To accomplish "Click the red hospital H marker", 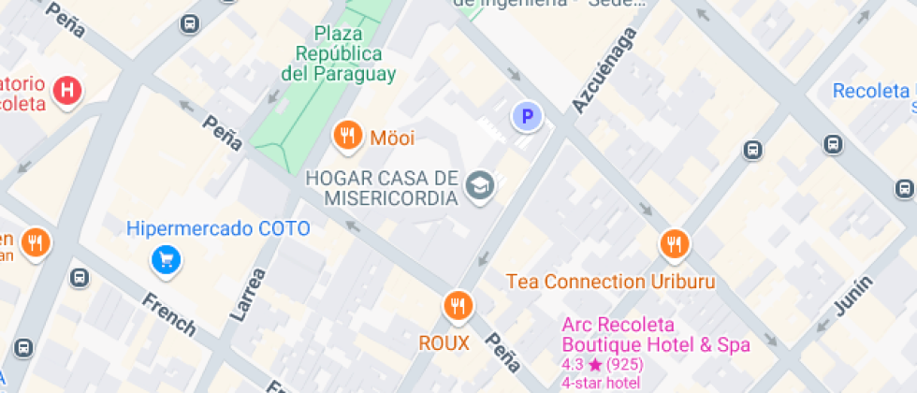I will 68,91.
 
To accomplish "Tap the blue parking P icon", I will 527,117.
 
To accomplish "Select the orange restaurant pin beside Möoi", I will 347,136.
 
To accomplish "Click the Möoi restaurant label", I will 392,138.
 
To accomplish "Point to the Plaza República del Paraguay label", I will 339,53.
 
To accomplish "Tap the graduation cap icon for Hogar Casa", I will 481,184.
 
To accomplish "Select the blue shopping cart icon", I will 166,259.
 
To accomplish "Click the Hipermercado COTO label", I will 218,227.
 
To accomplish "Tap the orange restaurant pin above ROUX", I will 458,305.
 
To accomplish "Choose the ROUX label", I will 444,343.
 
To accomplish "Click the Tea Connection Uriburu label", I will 610,282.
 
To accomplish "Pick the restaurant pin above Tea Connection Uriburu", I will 674,244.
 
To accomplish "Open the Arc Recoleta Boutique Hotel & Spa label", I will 655,335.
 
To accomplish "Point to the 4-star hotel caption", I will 601,382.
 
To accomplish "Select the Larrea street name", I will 247,295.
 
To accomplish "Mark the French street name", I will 169,313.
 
